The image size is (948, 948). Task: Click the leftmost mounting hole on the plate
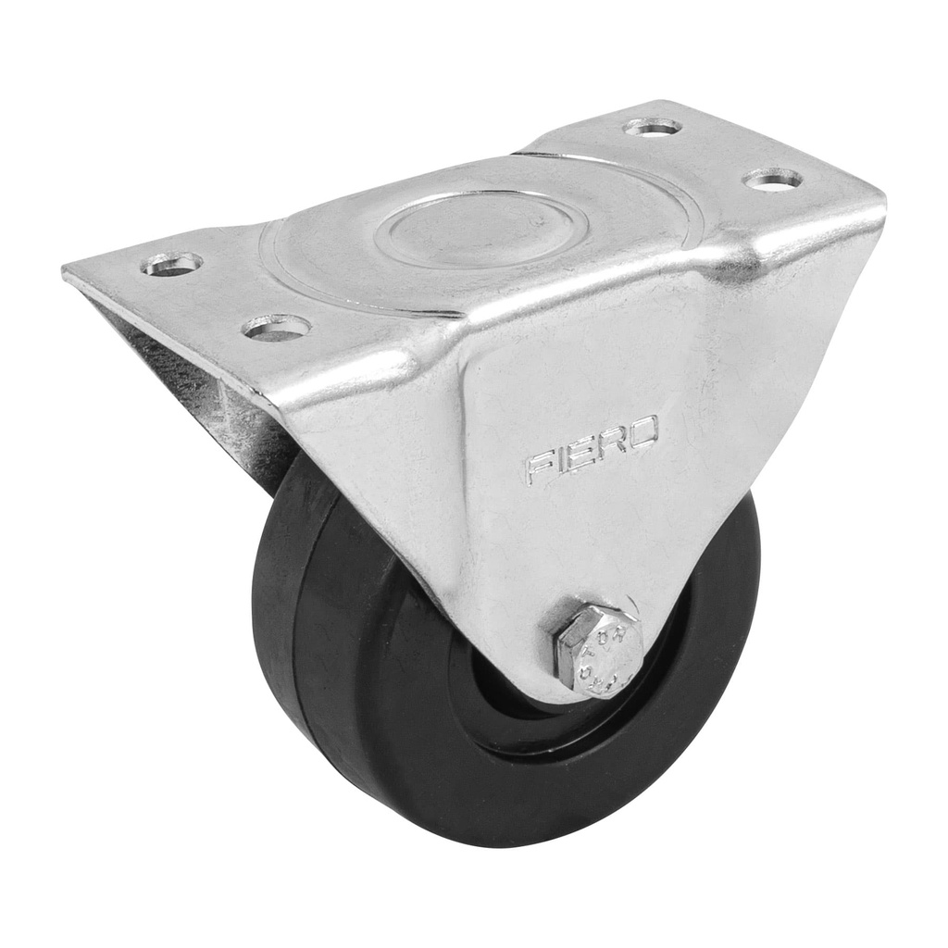[171, 264]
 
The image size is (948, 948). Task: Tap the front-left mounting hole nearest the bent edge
[276, 327]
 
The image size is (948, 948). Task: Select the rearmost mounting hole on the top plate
[653, 127]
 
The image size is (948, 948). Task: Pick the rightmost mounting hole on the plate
[773, 179]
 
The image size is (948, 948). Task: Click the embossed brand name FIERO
[592, 452]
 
